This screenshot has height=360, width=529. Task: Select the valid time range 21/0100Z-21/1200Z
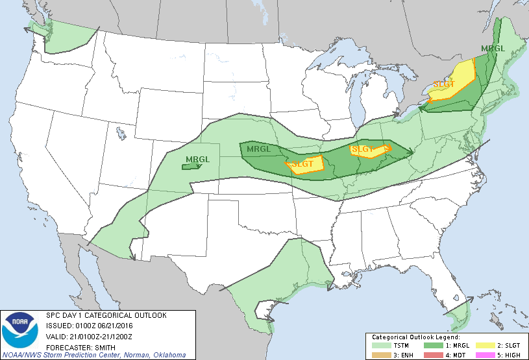(x=103, y=336)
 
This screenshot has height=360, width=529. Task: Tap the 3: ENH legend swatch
(x=382, y=355)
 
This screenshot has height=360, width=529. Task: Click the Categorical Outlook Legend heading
(x=415, y=338)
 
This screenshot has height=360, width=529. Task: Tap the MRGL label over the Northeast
(x=493, y=49)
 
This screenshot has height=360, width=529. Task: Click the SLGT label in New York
(x=444, y=85)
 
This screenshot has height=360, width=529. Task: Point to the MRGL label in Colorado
(x=198, y=159)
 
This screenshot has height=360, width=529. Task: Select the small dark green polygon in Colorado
(x=190, y=167)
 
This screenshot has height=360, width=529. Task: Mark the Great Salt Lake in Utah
(x=121, y=134)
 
